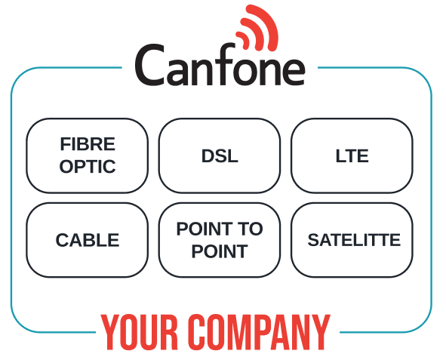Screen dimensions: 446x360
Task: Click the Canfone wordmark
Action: point(220,64)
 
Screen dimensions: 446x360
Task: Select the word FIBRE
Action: point(88,144)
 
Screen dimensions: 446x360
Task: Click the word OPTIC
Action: point(88,166)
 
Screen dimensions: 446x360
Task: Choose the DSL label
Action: point(220,155)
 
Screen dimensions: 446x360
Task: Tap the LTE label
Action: point(352,155)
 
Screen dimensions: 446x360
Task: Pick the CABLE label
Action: point(88,240)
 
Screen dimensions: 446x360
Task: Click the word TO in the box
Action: point(251,229)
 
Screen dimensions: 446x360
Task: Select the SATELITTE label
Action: point(354,240)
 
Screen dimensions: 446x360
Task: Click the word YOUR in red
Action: point(140,332)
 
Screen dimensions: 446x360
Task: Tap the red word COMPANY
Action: point(259,332)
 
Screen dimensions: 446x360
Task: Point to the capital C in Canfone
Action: point(149,64)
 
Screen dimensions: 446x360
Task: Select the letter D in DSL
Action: point(208,155)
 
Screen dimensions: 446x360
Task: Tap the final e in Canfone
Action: point(292,72)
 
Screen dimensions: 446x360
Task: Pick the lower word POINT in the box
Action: point(220,251)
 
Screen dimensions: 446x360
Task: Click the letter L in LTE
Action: point(340,155)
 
